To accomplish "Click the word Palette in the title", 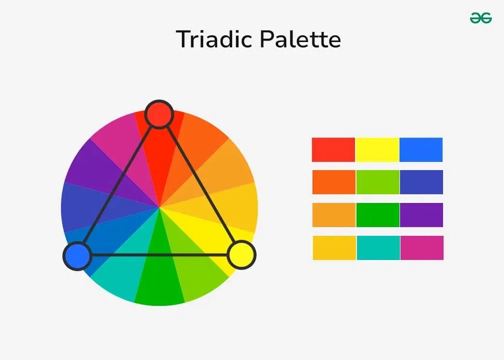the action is [300, 39].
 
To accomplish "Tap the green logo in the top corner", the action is [481, 18].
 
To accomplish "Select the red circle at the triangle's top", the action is [159, 115].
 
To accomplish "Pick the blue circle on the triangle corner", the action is [77, 256].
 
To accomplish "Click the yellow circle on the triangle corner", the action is [242, 255].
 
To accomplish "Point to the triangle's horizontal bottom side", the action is [160, 255].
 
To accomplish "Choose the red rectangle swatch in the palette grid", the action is [333, 150].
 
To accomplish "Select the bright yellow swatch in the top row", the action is [377, 150].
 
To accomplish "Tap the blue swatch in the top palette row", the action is [421, 150].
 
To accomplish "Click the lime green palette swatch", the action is [378, 182].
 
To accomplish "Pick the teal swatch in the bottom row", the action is [378, 248].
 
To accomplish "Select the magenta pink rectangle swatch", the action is [422, 248].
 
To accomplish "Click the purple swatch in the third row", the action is [421, 215].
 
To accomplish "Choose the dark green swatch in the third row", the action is [378, 215].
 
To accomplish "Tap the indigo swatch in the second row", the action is [421, 182].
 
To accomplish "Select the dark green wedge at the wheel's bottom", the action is [160, 283].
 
